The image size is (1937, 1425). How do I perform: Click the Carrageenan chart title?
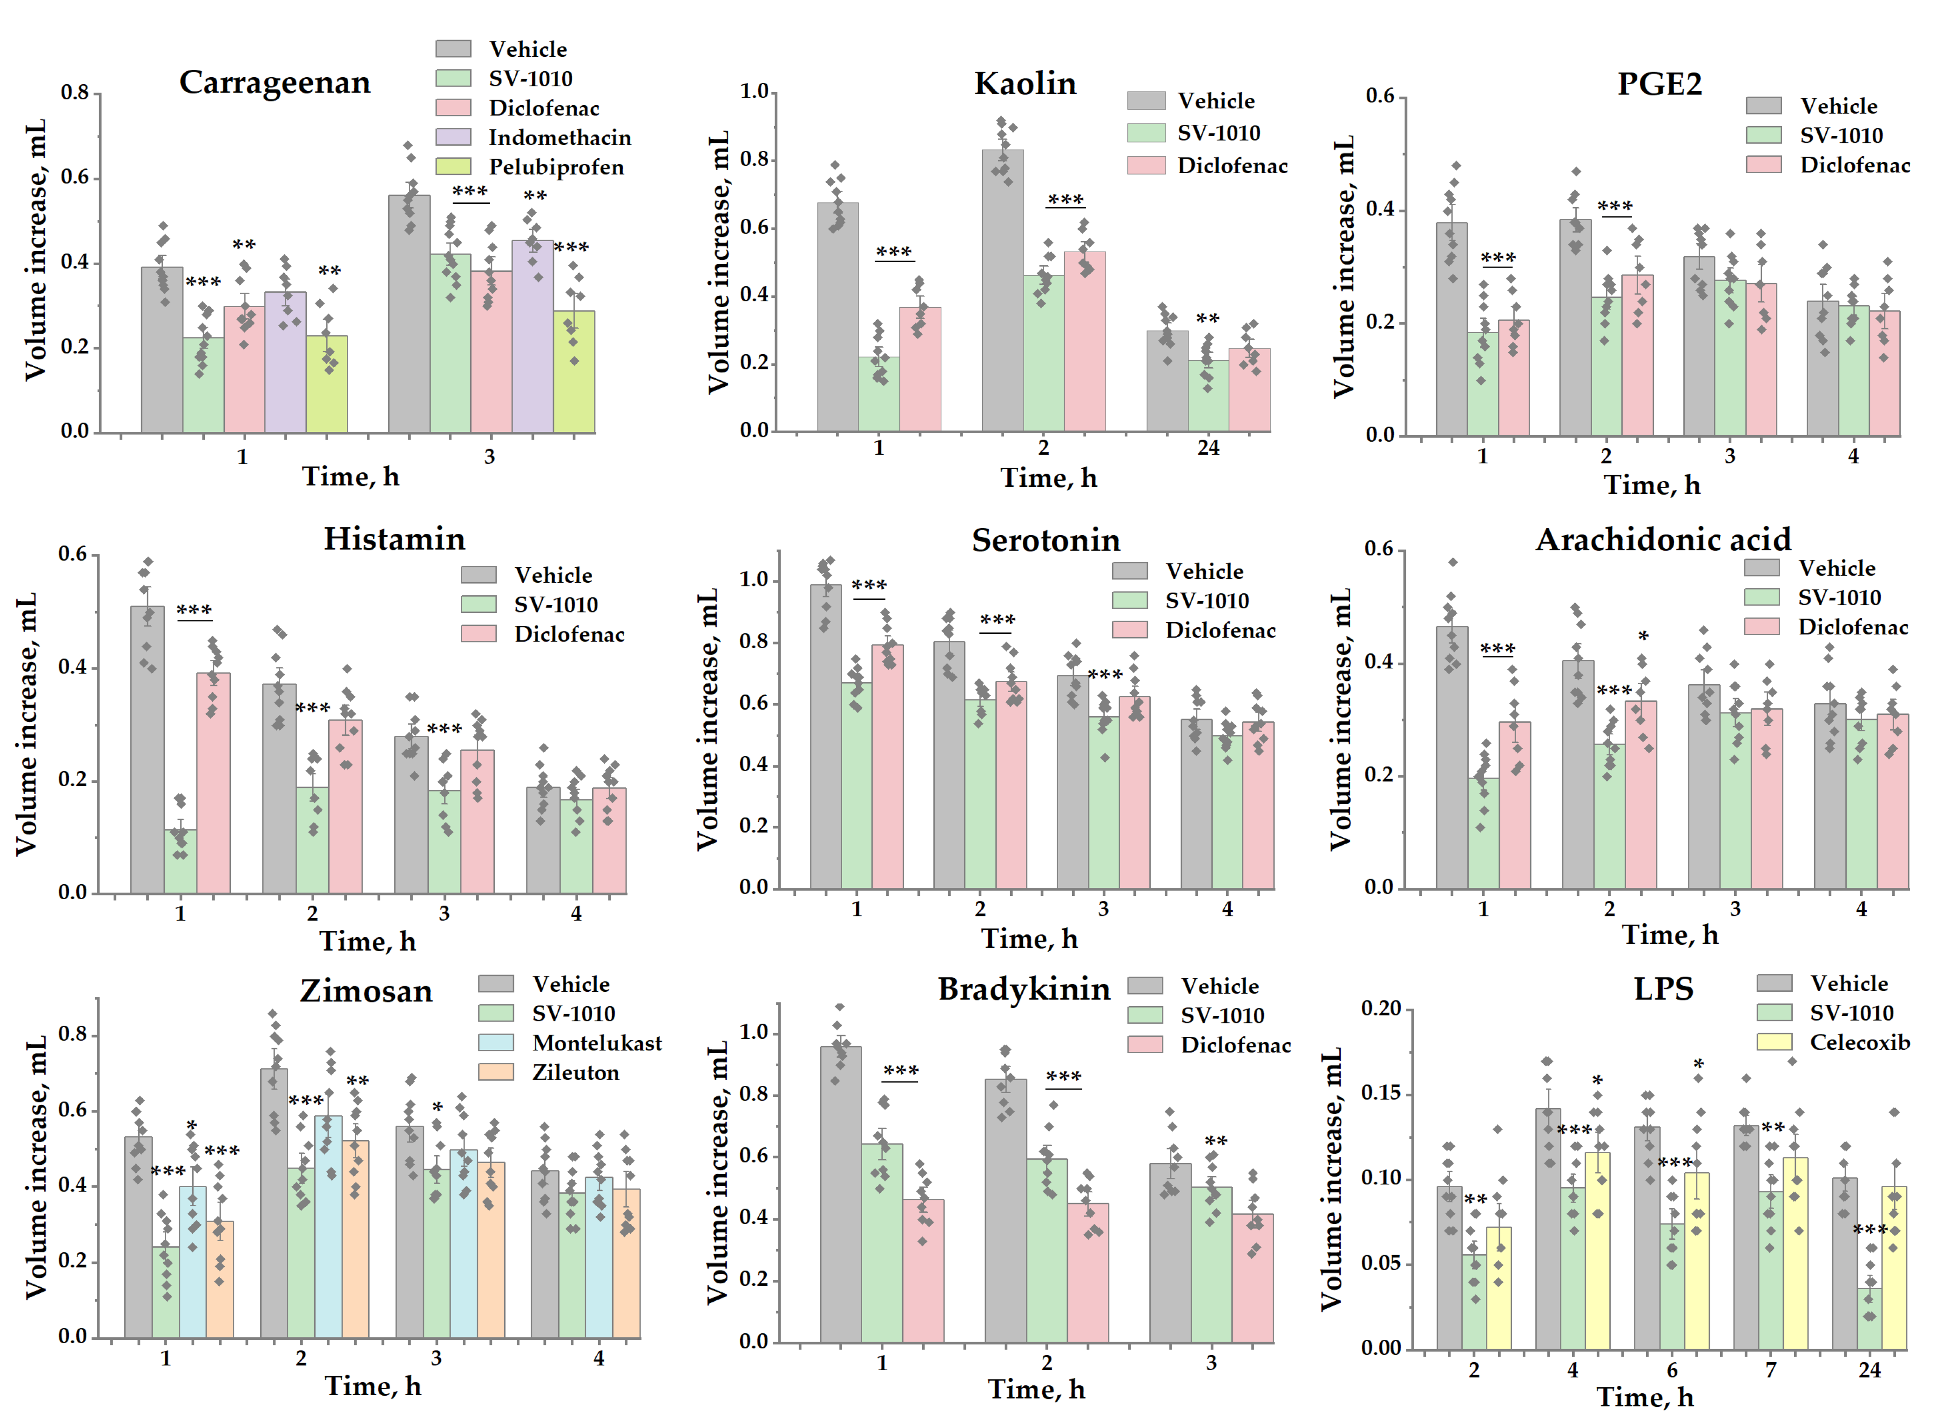pos(274,83)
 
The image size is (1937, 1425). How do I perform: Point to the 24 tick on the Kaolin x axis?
pos(1208,448)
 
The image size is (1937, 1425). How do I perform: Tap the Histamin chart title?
pos(394,539)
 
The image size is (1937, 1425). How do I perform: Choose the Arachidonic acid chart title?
pos(1663,540)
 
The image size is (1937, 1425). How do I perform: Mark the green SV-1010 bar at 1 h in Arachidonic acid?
pos(1483,833)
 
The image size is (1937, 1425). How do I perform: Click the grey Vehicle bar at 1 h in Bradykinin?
pos(840,1195)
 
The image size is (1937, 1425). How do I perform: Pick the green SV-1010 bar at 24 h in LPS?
pos(1870,1318)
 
